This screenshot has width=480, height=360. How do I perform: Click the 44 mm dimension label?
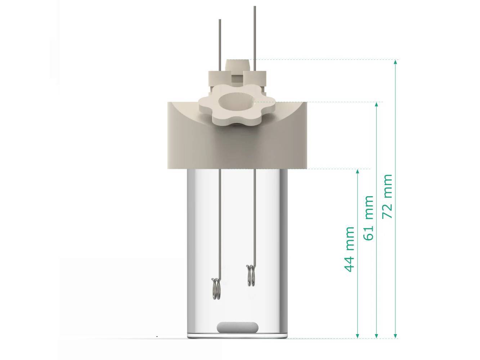coord(350,249)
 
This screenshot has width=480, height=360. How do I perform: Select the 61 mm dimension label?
coord(369,218)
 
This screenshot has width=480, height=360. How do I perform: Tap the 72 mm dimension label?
coord(387,197)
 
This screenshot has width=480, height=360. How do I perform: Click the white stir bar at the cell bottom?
coord(238,327)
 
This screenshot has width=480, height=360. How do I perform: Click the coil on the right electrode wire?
coord(251,275)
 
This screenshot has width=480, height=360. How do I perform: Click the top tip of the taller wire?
coord(255,7)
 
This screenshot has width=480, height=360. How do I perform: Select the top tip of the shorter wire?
coord(220,20)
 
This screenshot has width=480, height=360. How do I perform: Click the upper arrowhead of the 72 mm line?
coord(395,62)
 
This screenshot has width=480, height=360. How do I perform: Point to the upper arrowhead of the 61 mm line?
coord(377,104)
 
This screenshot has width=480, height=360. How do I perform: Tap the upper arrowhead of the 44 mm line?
coord(358,171)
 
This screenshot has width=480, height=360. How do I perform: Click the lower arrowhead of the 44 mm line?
coord(358,336)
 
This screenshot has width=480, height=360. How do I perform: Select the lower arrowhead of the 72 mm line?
coord(395,336)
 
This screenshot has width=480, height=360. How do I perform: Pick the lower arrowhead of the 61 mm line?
coord(377,336)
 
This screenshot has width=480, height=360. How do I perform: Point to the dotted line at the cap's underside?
coord(338,168)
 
